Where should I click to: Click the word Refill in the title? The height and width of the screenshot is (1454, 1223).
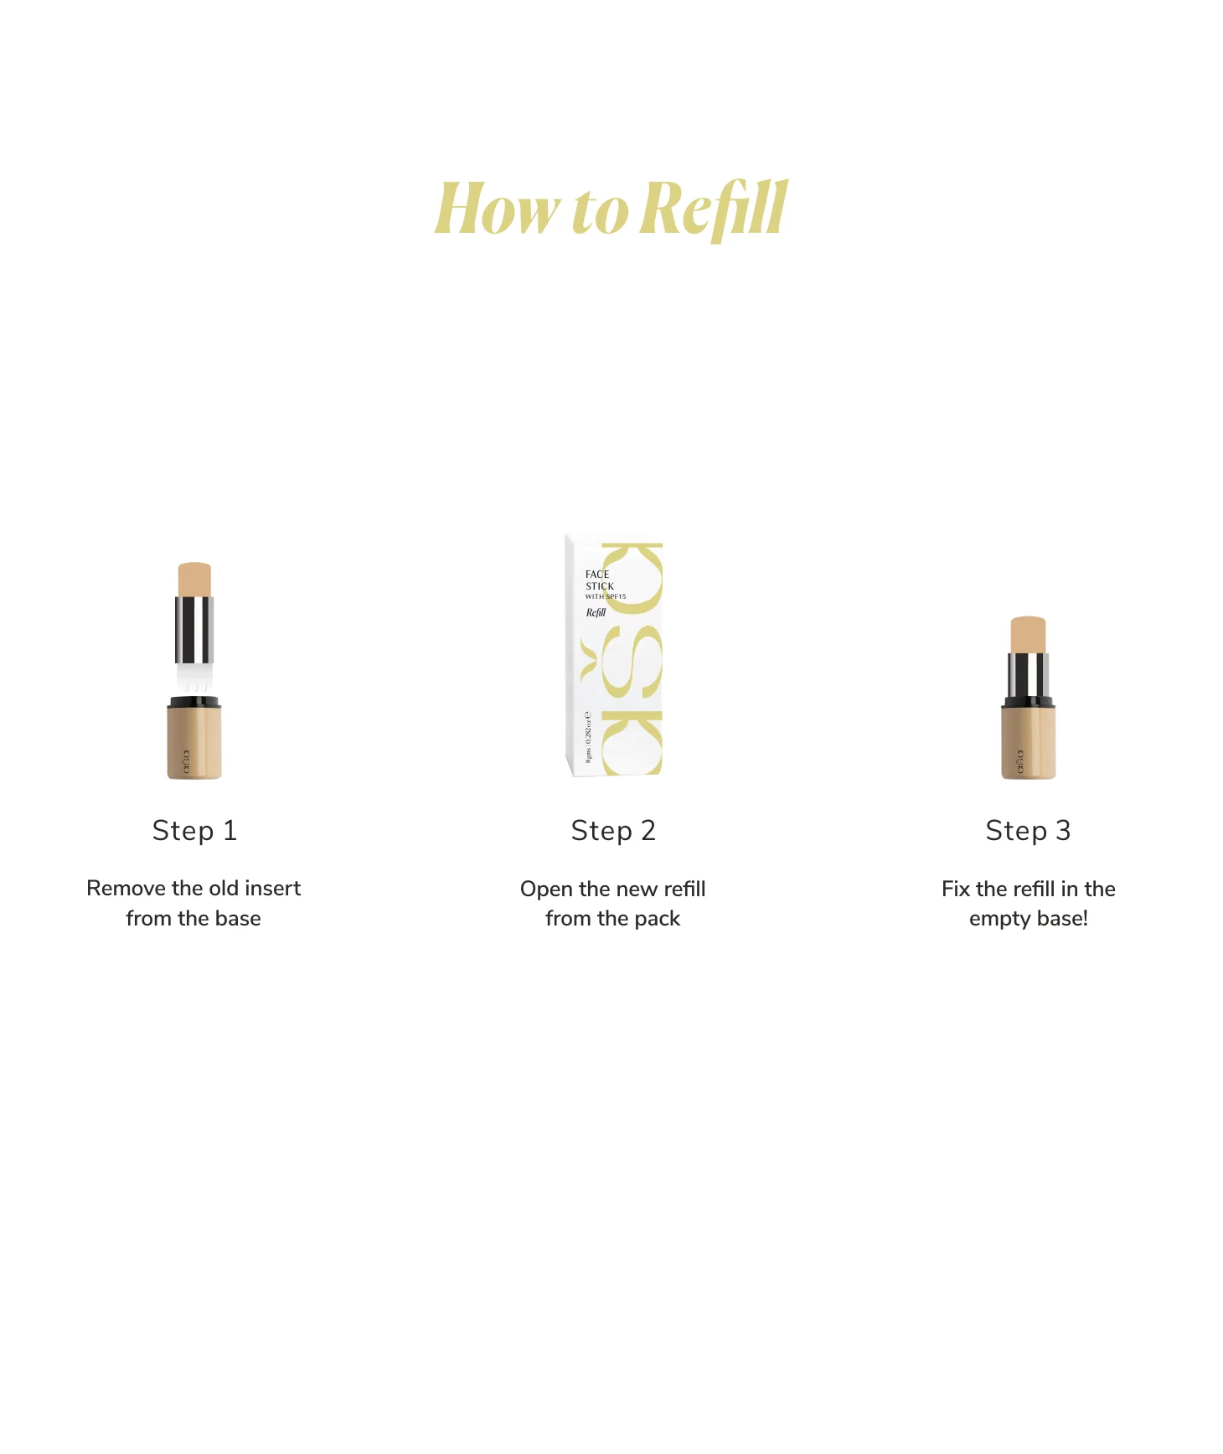tap(717, 209)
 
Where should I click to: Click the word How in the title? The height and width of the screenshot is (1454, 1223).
tap(496, 209)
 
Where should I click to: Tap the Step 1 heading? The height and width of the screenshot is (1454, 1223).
tap(194, 831)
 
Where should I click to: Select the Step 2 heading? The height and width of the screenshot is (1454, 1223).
tap(612, 831)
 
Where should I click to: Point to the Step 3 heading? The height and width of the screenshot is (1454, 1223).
tap(1028, 831)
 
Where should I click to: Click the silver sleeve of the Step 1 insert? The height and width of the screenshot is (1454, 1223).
tap(194, 630)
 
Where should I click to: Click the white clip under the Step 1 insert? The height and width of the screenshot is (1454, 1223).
tap(194, 677)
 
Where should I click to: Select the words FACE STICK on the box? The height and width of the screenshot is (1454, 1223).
tap(599, 580)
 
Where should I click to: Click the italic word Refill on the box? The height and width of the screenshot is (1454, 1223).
tap(596, 613)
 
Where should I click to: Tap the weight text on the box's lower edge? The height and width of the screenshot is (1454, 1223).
tap(588, 737)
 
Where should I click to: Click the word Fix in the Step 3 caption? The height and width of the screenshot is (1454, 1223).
tap(955, 889)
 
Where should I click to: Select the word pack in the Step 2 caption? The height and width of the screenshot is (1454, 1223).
tap(658, 920)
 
